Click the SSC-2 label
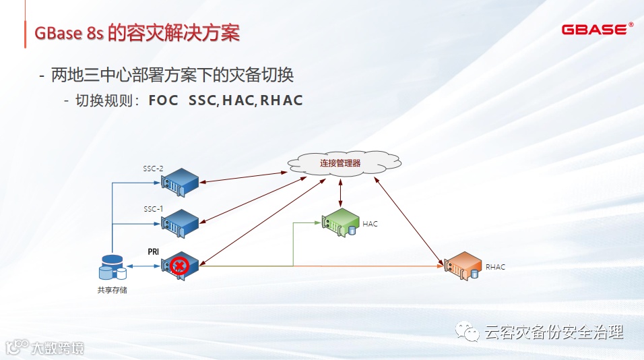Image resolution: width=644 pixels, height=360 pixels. (154, 168)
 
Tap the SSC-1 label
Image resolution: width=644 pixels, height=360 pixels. (154, 209)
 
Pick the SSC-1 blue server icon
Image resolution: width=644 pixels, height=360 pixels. (181, 223)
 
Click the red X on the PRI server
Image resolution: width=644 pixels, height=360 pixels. (179, 266)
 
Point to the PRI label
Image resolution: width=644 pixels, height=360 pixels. (154, 251)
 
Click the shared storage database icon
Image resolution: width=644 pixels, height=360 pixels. (112, 268)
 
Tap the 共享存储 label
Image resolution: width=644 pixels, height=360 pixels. (112, 291)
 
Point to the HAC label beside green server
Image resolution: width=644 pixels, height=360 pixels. (371, 224)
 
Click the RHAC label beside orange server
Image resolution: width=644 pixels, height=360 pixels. (495, 267)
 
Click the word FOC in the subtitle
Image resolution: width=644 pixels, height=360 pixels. (163, 101)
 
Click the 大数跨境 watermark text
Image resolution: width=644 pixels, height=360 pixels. (57, 348)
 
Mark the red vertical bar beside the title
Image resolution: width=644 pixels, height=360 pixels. (26, 33)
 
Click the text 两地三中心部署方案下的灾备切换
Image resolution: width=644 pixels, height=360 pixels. (172, 74)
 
